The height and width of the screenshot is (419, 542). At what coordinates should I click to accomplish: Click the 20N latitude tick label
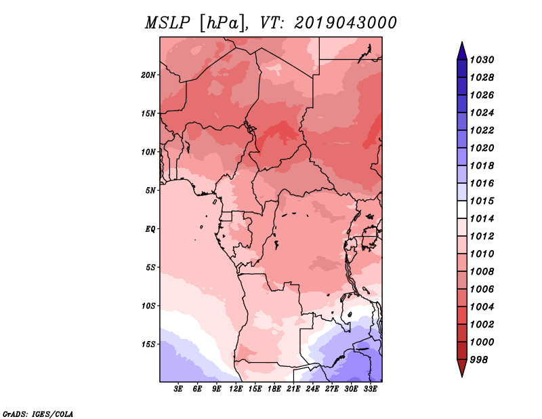click(148, 75)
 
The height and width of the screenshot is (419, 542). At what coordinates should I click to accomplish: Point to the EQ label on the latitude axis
click(150, 229)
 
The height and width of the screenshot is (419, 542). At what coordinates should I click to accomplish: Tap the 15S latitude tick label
click(148, 344)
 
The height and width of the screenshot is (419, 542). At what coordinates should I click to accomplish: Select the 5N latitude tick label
click(150, 191)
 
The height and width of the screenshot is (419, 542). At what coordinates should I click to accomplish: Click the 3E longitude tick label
click(178, 389)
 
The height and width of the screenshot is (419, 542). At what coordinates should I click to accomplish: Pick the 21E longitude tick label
click(293, 389)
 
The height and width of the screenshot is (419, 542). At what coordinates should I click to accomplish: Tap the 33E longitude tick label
click(370, 389)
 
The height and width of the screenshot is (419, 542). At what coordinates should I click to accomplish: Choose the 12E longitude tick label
click(236, 389)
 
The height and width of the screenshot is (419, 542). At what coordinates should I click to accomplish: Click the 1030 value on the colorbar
click(482, 60)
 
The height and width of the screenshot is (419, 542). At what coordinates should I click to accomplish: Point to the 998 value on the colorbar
click(479, 360)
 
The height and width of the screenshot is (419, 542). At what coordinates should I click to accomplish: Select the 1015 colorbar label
click(482, 201)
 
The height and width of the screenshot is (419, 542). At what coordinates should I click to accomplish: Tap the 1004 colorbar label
click(482, 307)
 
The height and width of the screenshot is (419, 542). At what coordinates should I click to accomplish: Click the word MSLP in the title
click(167, 23)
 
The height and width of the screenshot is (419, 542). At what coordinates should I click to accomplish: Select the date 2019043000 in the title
click(345, 23)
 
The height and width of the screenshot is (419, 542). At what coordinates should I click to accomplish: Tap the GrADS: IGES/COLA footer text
click(38, 414)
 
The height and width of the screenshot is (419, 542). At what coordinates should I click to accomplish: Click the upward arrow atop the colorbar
click(462, 51)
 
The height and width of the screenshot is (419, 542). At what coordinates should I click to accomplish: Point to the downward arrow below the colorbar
click(462, 368)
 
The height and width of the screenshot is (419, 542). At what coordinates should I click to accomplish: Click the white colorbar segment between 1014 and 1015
click(462, 209)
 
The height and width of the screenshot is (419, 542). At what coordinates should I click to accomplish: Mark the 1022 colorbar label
click(482, 130)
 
